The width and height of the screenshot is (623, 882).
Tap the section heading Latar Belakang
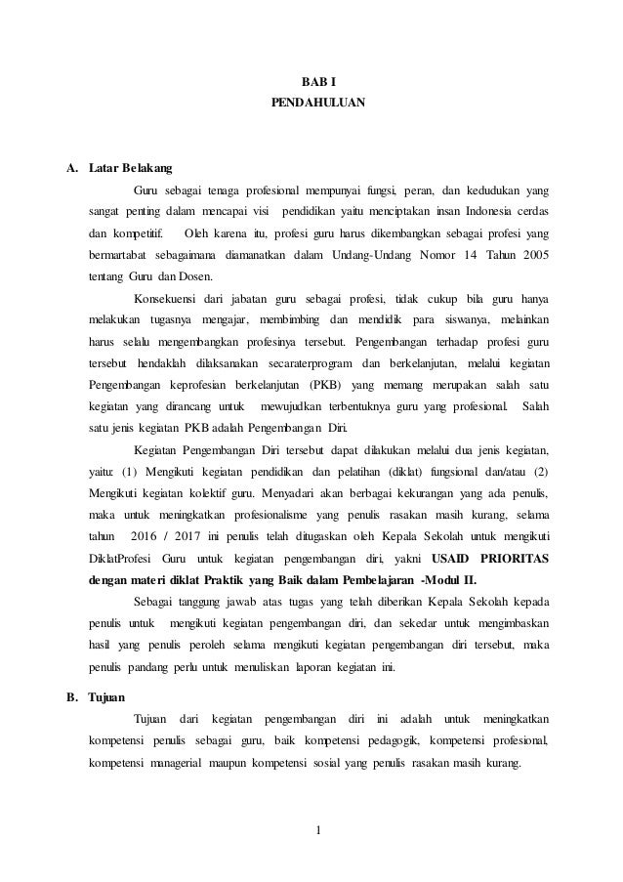(130, 168)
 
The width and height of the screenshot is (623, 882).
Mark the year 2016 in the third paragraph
(142, 535)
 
